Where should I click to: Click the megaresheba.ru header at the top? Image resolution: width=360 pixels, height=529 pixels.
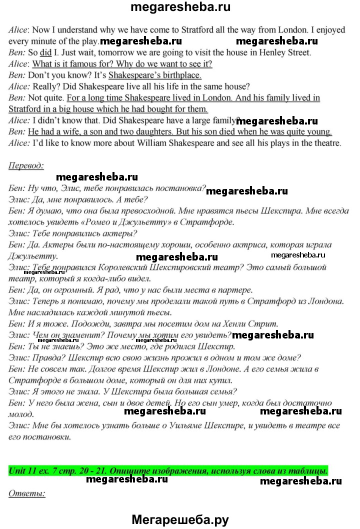[180, 7]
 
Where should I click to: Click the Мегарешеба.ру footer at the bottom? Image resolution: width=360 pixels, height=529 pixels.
[180, 520]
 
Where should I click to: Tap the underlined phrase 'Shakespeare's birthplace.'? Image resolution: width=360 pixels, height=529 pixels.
[154, 75]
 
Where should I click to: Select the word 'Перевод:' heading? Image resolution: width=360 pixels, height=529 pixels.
[26, 165]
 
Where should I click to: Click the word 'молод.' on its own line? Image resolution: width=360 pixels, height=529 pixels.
[21, 414]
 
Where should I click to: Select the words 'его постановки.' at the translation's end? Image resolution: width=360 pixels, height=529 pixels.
[40, 436]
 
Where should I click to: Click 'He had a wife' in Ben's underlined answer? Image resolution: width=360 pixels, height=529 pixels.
[54, 132]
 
